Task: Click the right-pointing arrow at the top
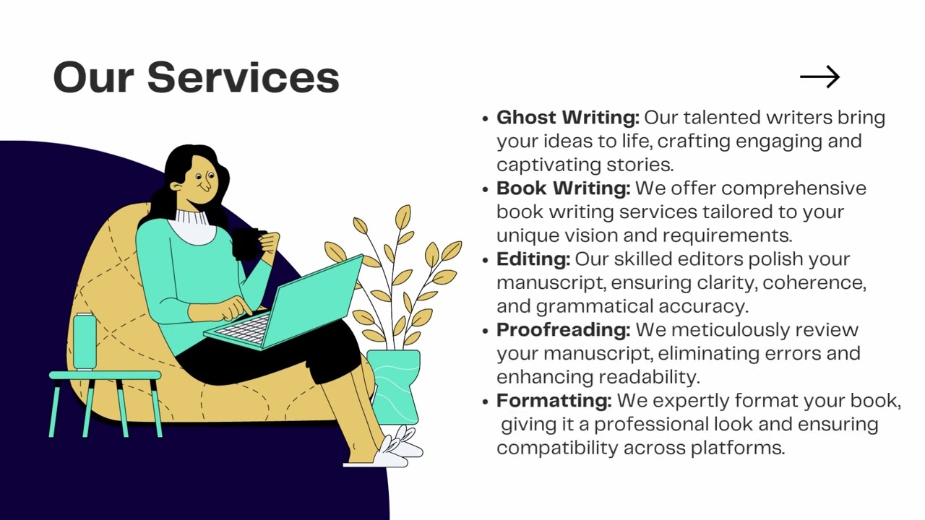pyautogui.click(x=819, y=77)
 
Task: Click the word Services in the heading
pyautogui.click(x=243, y=77)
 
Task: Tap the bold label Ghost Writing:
pyautogui.click(x=567, y=117)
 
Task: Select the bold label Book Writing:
pyautogui.click(x=563, y=188)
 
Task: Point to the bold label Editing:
pyautogui.click(x=533, y=259)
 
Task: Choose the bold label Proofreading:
pyautogui.click(x=563, y=329)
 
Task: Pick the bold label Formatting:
pyautogui.click(x=554, y=400)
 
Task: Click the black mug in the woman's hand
pyautogui.click(x=246, y=243)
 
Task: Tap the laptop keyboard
pyautogui.click(x=244, y=329)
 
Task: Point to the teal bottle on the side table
pyautogui.click(x=85, y=341)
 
